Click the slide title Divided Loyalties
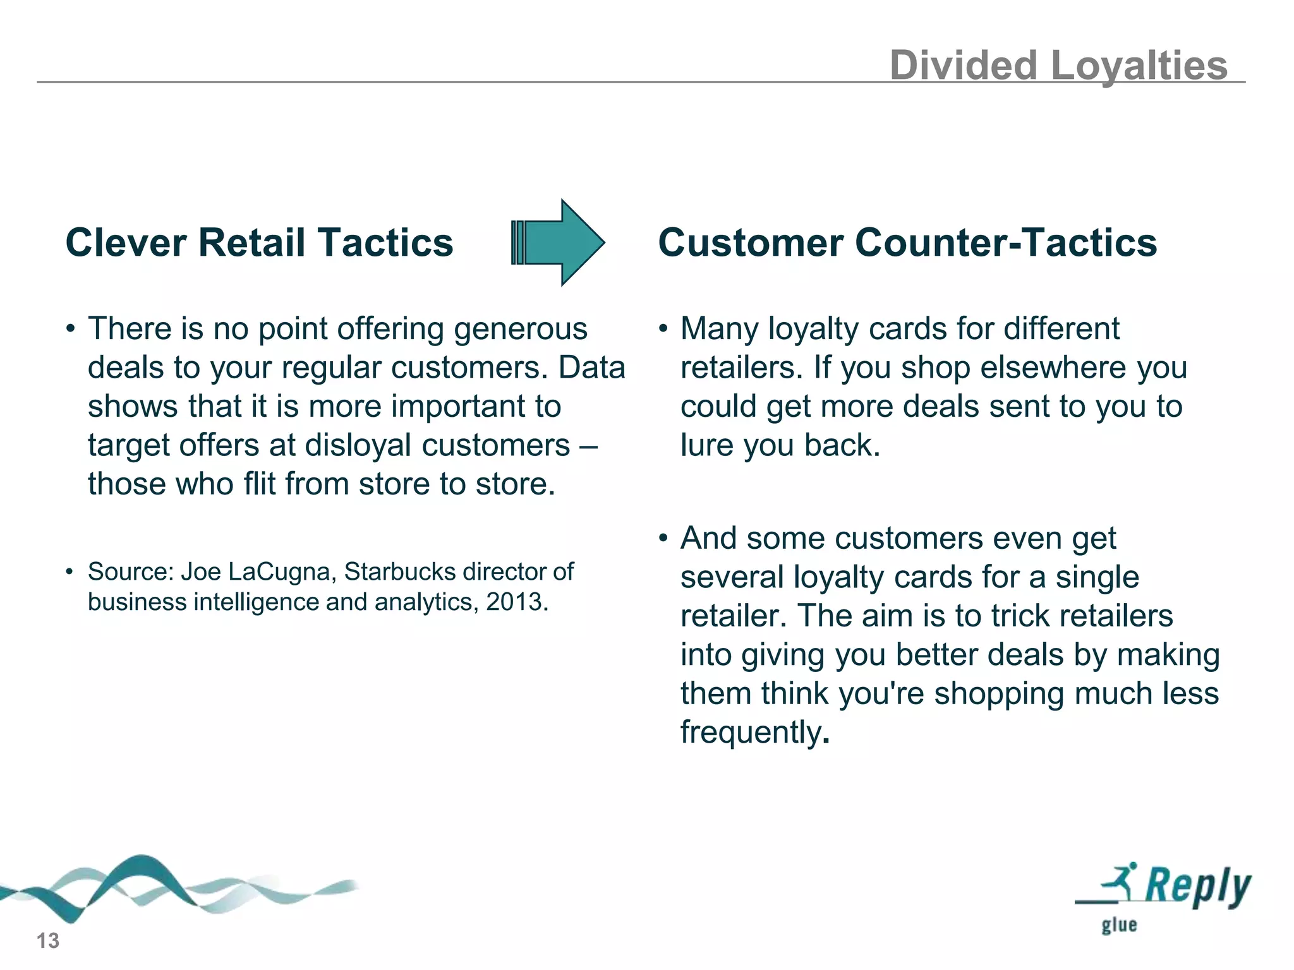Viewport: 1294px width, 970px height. point(1058,65)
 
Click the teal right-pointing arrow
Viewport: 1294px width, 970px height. point(559,242)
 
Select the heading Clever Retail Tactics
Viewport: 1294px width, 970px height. point(259,242)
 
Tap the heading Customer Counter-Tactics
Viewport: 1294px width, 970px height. point(907,242)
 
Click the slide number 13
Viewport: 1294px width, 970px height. point(48,941)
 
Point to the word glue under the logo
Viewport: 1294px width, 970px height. point(1119,925)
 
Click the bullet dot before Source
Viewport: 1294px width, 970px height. point(70,572)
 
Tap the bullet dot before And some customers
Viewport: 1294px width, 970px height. point(663,539)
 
